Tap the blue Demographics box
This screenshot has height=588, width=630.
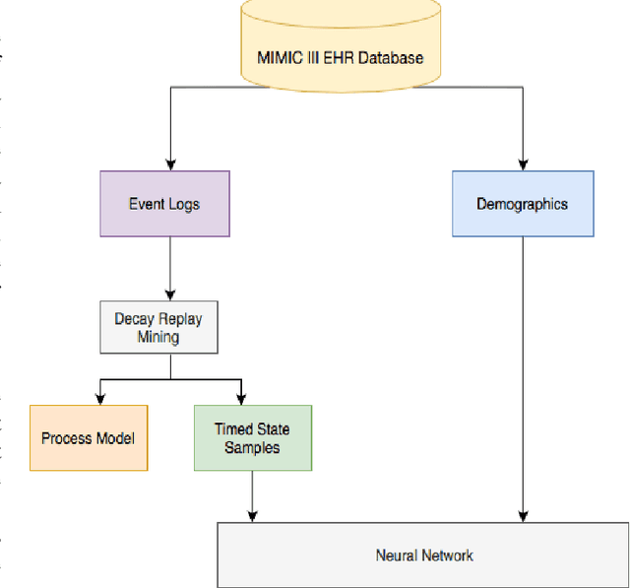pos(522,204)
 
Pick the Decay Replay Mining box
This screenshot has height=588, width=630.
pos(159,327)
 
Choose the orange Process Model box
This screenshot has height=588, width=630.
pos(89,437)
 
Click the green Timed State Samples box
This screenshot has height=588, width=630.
pos(252,437)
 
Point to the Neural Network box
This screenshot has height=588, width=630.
pos(423,555)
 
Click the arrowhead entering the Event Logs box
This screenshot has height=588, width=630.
pos(171,164)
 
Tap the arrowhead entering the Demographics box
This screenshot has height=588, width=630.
pos(522,164)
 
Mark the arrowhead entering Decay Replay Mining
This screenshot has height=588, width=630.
pos(171,294)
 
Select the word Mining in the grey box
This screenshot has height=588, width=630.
pos(159,336)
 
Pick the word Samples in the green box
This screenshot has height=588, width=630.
pos(252,447)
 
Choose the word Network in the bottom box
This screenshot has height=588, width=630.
pos(448,555)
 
